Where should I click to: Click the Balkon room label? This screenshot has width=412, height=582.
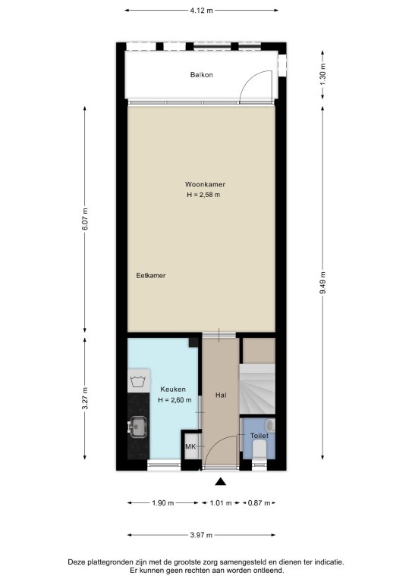click(201, 74)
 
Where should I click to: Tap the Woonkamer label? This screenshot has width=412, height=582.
click(205, 184)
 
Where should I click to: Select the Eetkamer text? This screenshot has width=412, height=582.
click(150, 275)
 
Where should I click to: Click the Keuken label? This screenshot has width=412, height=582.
click(173, 389)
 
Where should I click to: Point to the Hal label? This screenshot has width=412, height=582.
click(221, 395)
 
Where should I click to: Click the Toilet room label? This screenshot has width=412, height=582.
click(259, 436)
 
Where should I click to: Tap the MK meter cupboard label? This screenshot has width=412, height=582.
click(190, 446)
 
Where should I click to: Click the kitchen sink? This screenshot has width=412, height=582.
click(137, 427)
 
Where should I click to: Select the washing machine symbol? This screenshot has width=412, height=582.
click(139, 380)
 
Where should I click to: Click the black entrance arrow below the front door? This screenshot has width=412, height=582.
click(221, 482)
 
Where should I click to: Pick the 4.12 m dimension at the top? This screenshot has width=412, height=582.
click(201, 11)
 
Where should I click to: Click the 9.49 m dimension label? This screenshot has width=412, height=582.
click(322, 283)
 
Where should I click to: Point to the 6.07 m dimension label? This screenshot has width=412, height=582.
click(85, 218)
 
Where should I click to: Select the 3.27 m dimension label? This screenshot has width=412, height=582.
click(85, 398)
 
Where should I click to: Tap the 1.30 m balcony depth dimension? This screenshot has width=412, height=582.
click(322, 74)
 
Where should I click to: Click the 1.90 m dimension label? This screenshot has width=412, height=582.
click(162, 503)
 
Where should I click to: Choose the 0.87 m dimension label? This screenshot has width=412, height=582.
click(259, 503)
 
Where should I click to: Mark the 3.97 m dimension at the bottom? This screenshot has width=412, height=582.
click(201, 535)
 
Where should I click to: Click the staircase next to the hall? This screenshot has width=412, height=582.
click(257, 389)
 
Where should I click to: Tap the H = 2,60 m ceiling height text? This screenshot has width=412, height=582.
click(175, 400)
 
